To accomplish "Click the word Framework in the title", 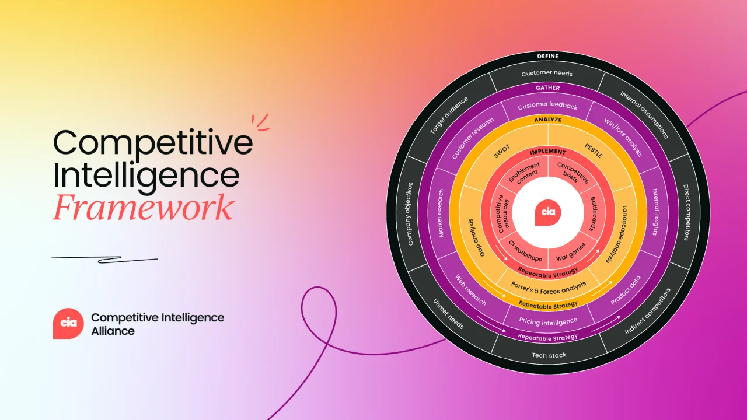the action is (143, 207).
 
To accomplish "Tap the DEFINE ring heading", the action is (547, 57).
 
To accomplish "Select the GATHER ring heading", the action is (547, 88).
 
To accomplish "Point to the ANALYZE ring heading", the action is (548, 120).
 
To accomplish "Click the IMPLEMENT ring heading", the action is (548, 152).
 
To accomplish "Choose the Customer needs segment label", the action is (547, 73).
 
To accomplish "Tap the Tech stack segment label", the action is (549, 355).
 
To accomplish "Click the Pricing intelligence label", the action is (548, 321).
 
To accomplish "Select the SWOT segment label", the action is (502, 152).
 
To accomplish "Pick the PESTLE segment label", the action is (594, 150).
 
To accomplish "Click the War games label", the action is (571, 253).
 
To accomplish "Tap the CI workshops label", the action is (525, 251).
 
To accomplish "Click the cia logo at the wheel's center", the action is (548, 212).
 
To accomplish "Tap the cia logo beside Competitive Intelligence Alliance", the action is (68, 323).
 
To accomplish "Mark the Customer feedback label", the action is (547, 106).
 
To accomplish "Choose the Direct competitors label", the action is (687, 212).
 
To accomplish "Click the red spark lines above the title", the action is (261, 123).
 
